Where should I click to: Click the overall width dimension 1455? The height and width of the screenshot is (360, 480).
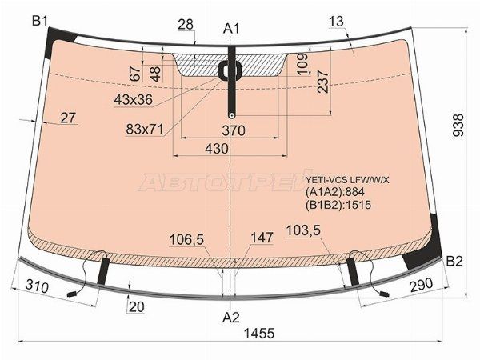(x=259, y=334)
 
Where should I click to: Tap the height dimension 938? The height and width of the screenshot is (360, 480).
(x=459, y=125)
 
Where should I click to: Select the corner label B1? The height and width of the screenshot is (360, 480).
(x=40, y=22)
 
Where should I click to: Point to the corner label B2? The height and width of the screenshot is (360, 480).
(x=454, y=262)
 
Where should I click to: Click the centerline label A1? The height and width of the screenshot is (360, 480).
(x=231, y=29)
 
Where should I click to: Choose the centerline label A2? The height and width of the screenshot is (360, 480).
(x=231, y=318)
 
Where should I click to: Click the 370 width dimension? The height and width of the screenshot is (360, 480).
(x=234, y=130)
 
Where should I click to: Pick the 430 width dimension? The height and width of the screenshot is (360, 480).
(x=217, y=149)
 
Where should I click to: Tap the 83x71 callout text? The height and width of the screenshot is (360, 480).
(x=145, y=130)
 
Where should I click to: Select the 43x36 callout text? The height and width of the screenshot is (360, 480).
(x=133, y=99)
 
